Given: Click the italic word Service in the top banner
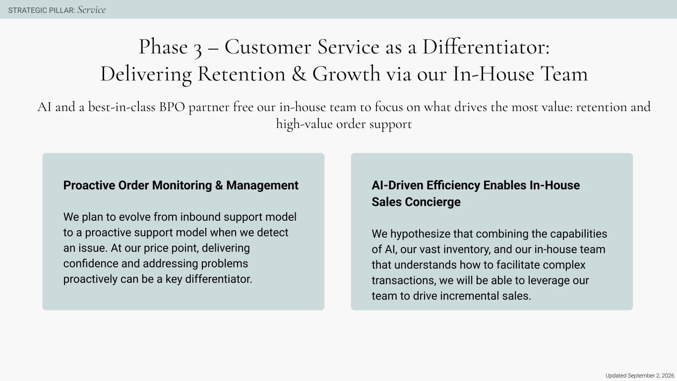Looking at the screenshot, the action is pos(92,10).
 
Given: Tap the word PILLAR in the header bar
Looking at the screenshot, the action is pos(62,10).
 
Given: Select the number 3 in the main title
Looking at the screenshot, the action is pos(198,49).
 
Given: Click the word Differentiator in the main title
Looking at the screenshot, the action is pos(486,47).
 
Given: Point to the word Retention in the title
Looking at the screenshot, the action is pos(242,74).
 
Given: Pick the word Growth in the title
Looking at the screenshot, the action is pos(346,74).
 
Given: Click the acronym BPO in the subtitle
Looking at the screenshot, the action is pos(172,107).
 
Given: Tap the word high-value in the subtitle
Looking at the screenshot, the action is pos(305,125).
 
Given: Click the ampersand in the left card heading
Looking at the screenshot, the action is pos(219,186).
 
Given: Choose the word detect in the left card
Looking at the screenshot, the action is pos(272,233).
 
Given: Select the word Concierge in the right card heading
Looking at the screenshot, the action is pos(433,202).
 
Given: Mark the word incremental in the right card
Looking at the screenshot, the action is pos(469,296).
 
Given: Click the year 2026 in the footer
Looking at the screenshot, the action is pos(668,376).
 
